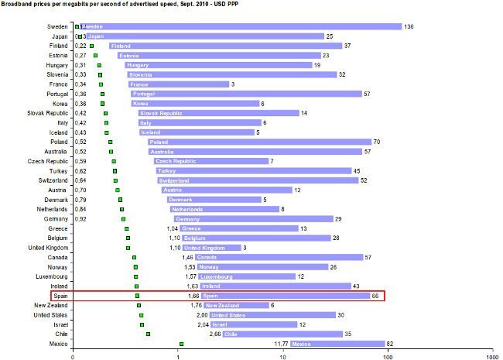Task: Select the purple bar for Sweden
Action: tap(240, 26)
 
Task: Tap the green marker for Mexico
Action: tap(181, 344)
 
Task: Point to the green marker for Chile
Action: tap(148, 334)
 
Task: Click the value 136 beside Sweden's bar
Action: tap(408, 26)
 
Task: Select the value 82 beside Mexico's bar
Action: tap(391, 344)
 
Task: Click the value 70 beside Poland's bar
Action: tap(377, 142)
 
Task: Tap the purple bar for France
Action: tap(179, 84)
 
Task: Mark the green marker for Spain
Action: tap(138, 296)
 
